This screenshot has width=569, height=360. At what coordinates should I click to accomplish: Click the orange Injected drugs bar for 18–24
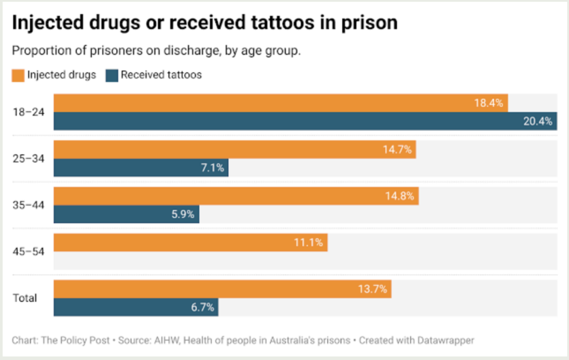click(281, 103)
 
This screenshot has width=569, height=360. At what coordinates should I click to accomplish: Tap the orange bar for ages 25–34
click(234, 149)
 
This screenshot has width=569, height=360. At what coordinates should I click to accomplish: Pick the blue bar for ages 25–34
click(141, 168)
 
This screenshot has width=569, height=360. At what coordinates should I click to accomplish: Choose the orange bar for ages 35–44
click(236, 196)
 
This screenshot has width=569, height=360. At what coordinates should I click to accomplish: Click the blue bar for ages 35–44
click(126, 214)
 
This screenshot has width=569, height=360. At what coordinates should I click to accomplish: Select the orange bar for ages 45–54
click(191, 243)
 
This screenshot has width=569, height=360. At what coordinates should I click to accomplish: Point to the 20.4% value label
click(537, 122)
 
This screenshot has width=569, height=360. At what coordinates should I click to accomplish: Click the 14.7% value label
click(396, 149)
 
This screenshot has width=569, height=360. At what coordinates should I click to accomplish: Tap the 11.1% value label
click(308, 243)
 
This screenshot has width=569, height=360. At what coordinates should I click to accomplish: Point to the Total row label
click(25, 298)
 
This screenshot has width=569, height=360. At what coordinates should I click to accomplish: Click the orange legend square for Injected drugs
click(18, 75)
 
